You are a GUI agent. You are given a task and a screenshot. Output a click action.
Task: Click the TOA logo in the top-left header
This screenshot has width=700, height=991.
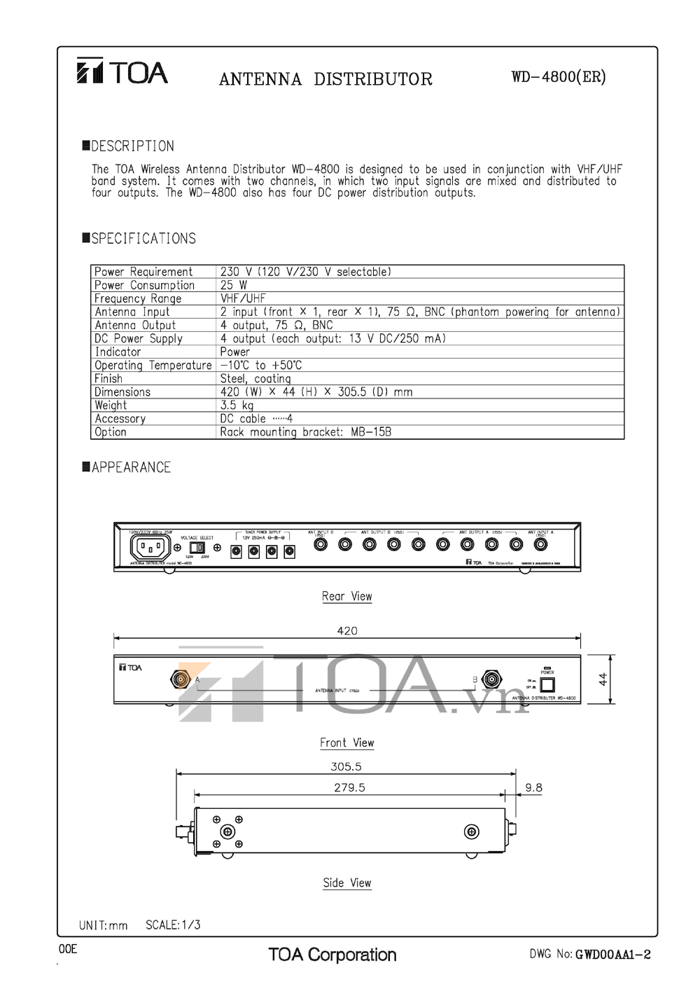point(122,72)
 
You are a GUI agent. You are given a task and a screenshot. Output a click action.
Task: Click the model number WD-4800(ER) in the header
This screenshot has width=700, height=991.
point(559,77)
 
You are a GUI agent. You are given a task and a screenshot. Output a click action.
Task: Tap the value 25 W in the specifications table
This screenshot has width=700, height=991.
point(234,285)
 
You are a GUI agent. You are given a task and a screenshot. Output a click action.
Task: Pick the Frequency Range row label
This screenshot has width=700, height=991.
point(138,298)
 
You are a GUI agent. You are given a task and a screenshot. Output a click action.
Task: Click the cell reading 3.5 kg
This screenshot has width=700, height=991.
point(237,406)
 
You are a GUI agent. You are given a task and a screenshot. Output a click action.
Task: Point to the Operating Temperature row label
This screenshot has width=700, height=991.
point(153,366)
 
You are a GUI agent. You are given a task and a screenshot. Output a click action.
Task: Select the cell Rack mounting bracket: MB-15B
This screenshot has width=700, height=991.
point(305,432)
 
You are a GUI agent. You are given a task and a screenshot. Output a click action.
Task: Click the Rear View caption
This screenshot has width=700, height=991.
point(346,596)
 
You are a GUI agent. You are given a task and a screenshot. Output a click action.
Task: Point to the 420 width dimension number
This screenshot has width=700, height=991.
point(346,630)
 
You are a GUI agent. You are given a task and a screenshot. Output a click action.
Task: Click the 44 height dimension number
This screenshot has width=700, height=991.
point(603,679)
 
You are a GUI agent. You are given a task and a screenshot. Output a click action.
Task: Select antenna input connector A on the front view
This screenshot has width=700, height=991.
point(181,679)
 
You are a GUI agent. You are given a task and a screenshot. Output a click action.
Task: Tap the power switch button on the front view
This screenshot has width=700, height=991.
point(547,684)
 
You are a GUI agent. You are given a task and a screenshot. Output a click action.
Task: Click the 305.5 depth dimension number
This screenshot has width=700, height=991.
point(346,767)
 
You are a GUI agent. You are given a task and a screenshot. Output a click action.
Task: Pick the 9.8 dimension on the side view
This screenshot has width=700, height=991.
point(533,788)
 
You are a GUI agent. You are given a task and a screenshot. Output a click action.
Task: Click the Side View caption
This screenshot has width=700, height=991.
point(346,883)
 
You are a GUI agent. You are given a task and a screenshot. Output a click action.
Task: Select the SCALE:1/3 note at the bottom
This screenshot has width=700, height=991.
point(173,925)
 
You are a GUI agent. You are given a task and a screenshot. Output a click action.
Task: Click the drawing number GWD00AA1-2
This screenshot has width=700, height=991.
point(612,955)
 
